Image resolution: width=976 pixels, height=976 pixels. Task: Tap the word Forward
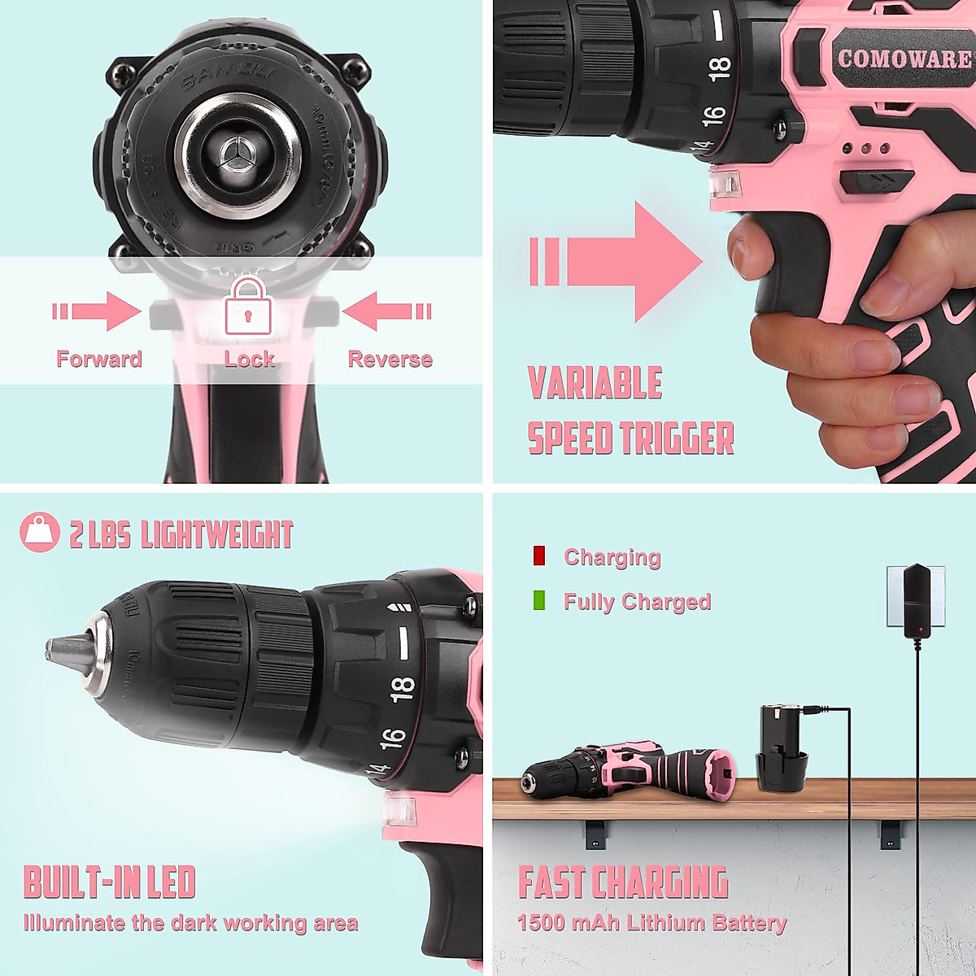[98, 359]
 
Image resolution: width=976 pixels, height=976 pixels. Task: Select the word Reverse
[390, 359]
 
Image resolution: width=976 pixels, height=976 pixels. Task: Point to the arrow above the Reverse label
[386, 312]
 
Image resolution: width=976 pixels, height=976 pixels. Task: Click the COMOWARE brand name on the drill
[904, 59]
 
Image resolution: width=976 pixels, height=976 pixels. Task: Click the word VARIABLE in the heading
[595, 383]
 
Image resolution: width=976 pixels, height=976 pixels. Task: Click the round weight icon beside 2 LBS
[40, 533]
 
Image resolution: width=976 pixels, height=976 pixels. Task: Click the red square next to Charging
[538, 556]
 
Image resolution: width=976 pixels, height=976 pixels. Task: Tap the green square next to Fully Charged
[538, 601]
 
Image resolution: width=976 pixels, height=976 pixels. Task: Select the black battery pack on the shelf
[782, 748]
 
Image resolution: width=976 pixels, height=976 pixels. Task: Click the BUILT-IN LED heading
[110, 882]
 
